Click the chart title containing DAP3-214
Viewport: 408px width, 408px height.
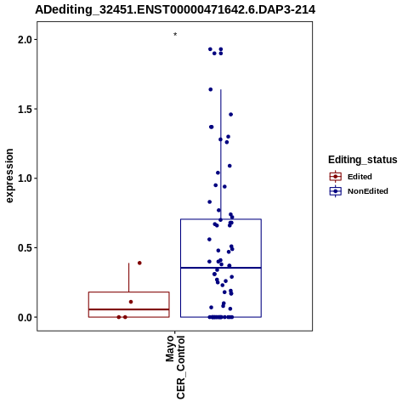point(175,9)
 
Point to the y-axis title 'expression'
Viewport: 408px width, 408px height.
point(9,176)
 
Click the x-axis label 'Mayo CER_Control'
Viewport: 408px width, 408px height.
point(175,367)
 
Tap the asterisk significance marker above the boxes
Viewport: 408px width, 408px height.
point(175,35)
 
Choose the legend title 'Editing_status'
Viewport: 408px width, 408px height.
point(363,160)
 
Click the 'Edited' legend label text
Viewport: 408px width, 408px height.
point(360,177)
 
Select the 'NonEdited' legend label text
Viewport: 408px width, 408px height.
point(368,191)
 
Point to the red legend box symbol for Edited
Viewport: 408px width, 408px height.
point(336,177)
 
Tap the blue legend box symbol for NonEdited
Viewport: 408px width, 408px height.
point(336,191)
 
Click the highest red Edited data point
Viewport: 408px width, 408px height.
point(139,263)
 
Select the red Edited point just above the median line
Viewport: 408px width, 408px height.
point(131,302)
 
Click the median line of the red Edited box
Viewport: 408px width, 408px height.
point(129,309)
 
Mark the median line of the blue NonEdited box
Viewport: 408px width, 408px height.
point(221,268)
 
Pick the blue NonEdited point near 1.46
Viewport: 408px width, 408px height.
point(231,115)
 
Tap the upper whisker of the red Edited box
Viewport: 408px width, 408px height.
point(129,277)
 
